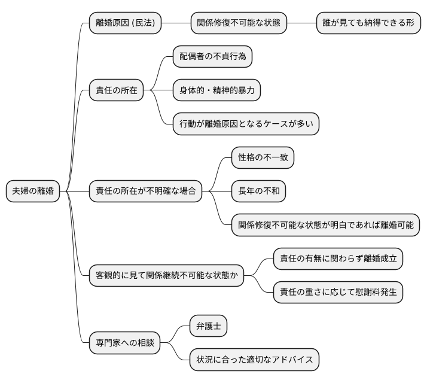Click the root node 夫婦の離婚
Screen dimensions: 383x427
33,191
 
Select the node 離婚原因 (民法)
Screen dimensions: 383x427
126,23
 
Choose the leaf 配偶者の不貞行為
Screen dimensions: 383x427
212,57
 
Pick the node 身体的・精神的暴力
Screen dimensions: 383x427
216,90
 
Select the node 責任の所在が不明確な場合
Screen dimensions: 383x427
145,191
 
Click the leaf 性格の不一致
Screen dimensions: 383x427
263,157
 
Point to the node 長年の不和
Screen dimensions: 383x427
258,191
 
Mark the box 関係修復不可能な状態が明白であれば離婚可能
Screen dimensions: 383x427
325,225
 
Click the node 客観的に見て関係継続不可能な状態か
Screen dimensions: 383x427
166,276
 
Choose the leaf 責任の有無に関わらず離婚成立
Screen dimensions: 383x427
338,259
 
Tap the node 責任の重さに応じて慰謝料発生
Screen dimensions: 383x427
338,293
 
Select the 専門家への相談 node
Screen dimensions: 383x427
124,344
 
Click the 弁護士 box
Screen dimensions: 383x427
208,326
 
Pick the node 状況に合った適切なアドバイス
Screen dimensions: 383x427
254,360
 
